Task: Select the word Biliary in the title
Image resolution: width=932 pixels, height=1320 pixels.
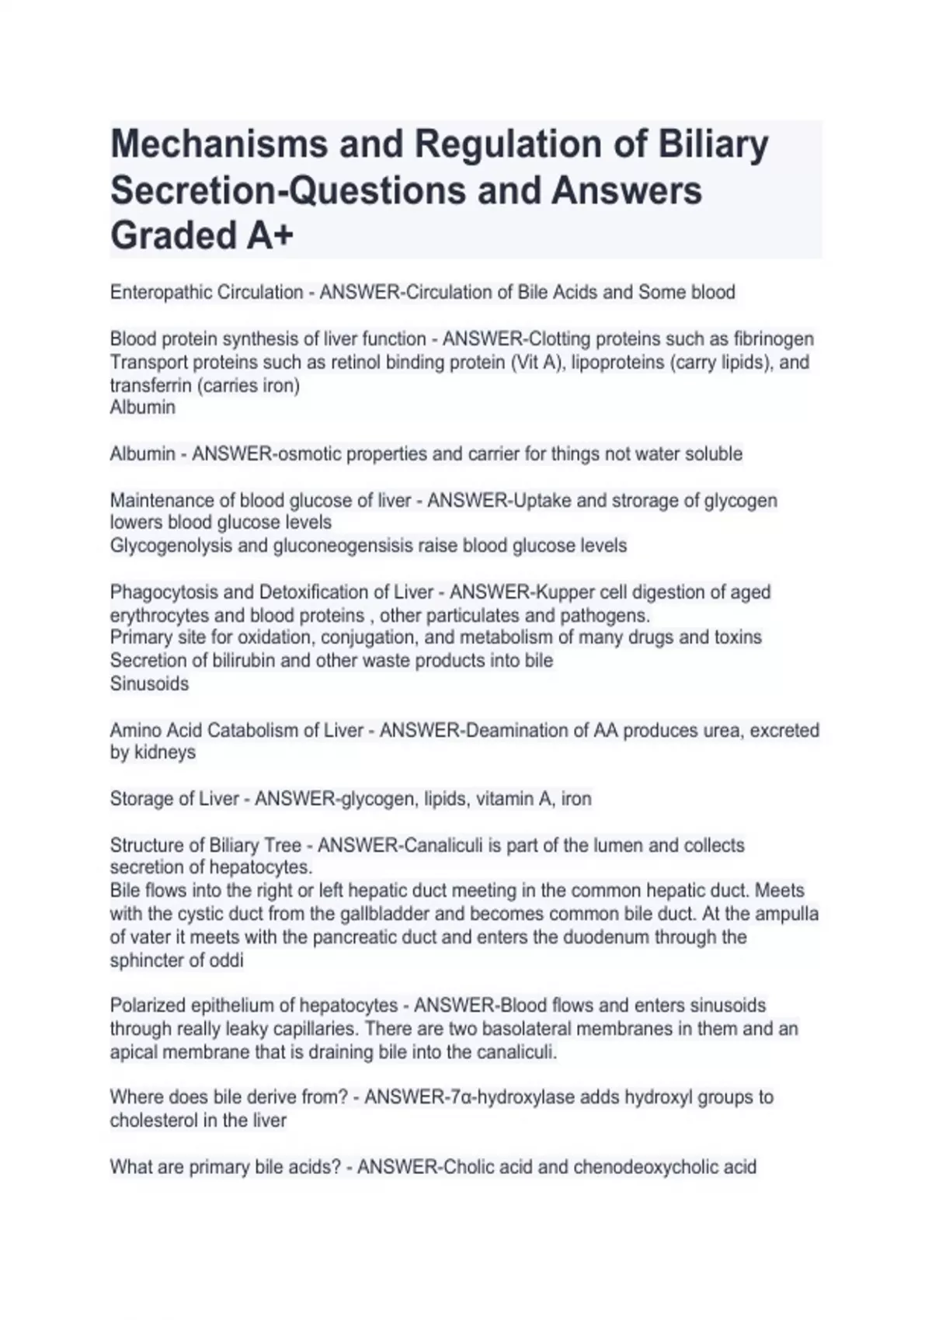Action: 713,145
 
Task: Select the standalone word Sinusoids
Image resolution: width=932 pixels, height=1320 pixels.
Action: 149,684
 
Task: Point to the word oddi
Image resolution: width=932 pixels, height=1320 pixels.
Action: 226,960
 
